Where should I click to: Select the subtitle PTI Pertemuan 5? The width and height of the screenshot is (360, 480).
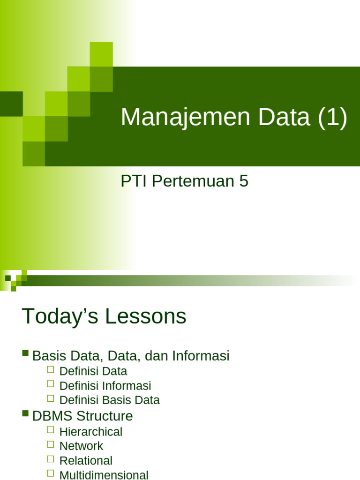tap(184, 181)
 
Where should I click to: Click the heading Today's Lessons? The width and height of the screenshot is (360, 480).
tap(104, 317)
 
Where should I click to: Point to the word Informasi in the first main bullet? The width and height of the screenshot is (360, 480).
tap(201, 356)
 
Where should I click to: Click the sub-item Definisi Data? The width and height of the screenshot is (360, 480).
tap(93, 371)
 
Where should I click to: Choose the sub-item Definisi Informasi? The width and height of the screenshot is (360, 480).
tap(105, 386)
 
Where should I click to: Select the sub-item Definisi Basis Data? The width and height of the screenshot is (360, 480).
tap(110, 400)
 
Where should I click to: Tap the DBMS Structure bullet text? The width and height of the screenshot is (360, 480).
tap(82, 416)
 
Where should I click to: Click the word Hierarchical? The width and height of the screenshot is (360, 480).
tap(91, 432)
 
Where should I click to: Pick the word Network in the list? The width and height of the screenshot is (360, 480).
tap(82, 446)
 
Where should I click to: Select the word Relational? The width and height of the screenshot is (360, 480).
tap(86, 461)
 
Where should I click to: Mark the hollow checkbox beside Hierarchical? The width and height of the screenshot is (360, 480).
tap(51, 430)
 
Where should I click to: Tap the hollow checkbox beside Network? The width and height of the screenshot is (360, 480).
tap(51, 444)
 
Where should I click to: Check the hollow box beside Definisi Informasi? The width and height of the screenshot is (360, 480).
tap(51, 384)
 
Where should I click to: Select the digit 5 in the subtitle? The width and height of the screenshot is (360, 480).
tap(244, 181)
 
